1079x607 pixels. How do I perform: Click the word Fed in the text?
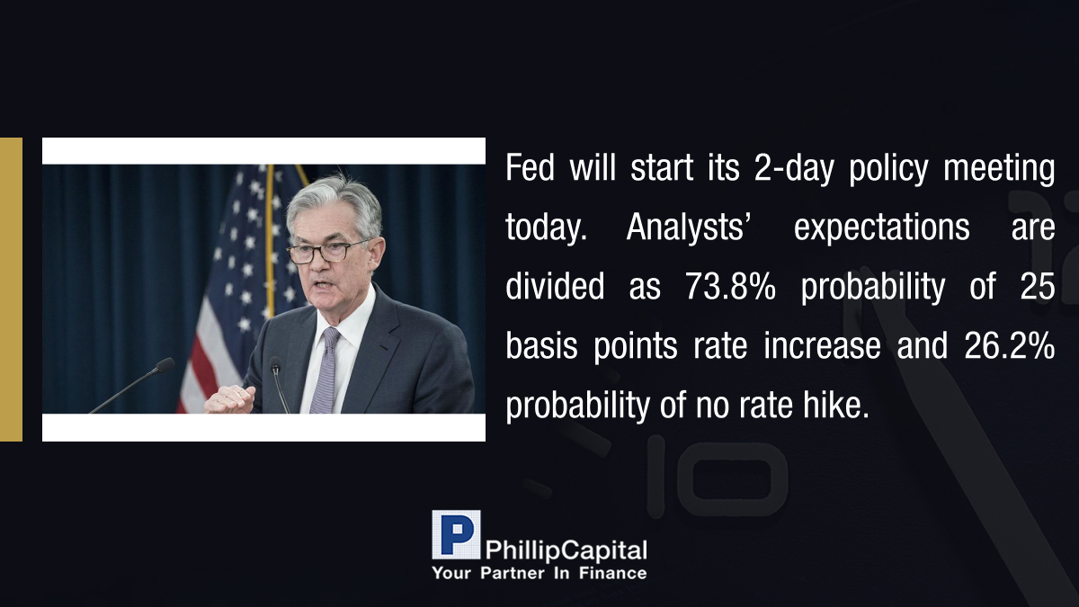[530, 167]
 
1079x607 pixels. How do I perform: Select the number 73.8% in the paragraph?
[730, 286]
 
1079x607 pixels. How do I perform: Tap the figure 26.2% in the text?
[1010, 346]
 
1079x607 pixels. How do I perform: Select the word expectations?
[881, 228]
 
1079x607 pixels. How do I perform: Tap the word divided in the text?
[555, 286]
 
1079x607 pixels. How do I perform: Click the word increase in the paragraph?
[822, 346]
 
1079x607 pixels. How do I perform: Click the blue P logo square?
[456, 534]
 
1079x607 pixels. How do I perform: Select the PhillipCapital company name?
[566, 550]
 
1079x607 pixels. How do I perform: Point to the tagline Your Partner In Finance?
[539, 574]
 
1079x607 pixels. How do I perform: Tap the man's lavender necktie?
[325, 370]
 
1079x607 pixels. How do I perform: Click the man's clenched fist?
[230, 399]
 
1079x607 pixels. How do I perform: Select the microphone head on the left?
[165, 365]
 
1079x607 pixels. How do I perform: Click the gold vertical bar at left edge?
[11, 290]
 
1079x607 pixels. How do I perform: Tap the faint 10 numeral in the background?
[717, 476]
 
